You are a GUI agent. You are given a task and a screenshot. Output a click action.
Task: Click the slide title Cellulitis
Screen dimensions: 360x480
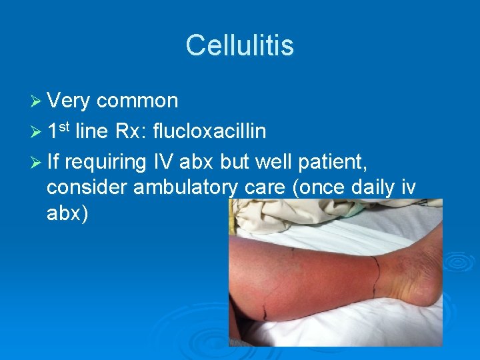tap(239, 45)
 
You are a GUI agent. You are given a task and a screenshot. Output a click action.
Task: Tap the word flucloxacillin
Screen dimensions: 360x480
tap(209, 131)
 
